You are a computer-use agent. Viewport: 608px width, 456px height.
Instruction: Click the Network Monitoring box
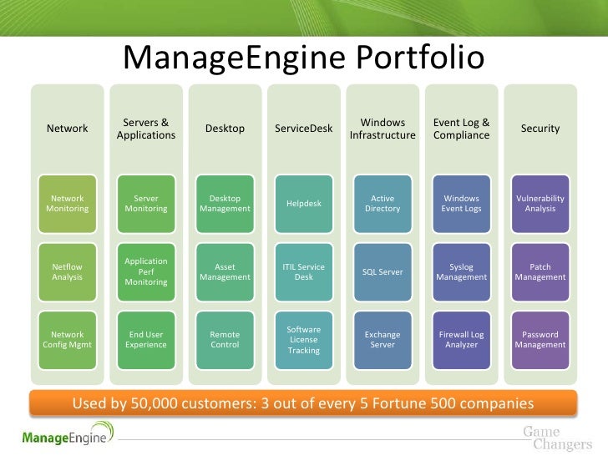coord(68,204)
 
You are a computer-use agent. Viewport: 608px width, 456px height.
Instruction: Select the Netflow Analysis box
coord(68,271)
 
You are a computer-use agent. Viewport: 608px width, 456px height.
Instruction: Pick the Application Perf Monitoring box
coord(146,271)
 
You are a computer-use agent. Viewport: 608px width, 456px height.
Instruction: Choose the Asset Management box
coord(225,271)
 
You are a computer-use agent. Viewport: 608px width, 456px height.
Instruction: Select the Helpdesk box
coord(304,204)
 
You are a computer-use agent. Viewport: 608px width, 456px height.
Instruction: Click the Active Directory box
coord(383,204)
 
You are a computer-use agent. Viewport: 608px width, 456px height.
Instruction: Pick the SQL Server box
coord(383,271)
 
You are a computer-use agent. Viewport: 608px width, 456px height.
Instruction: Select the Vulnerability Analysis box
coord(540,204)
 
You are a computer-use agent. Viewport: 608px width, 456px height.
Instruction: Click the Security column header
coord(540,129)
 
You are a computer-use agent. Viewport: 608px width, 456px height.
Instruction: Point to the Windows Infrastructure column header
coord(383,129)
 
